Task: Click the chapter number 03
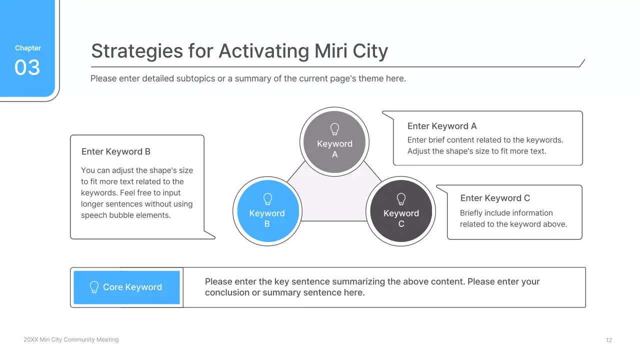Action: (x=27, y=67)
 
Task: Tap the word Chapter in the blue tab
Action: (x=28, y=48)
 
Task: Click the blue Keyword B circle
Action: (x=267, y=211)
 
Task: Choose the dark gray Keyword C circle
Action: (x=401, y=211)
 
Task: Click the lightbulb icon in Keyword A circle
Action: (x=334, y=129)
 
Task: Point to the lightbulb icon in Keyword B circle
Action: (x=267, y=199)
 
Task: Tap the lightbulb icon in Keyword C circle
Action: (x=401, y=199)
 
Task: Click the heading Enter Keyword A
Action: (x=442, y=126)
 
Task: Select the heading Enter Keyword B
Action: (x=116, y=151)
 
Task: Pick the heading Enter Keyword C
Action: (x=495, y=198)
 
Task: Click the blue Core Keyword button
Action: (x=126, y=287)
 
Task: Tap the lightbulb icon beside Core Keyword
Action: (x=94, y=287)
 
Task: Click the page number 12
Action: (x=608, y=340)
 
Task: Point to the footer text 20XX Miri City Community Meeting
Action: (x=71, y=339)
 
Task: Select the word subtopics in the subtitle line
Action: (x=195, y=78)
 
